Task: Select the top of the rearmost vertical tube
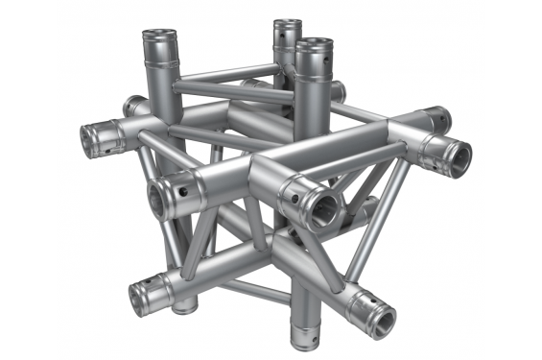point(287,24)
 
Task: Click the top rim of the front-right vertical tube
point(314,45)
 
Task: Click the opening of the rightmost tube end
point(457,154)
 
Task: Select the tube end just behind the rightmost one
point(440,119)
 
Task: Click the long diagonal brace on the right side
point(368,230)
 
